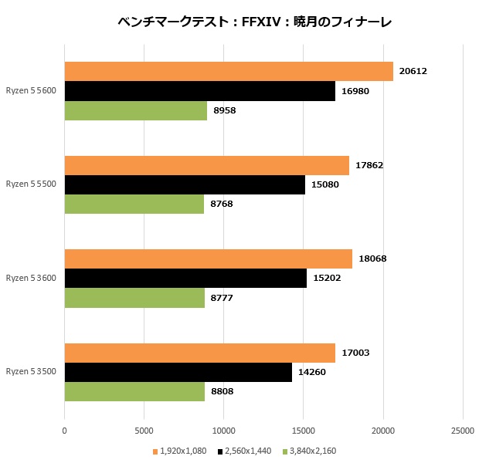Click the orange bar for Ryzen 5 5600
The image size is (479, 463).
(229, 71)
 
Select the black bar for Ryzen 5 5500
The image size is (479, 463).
(185, 184)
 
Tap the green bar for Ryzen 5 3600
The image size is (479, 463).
(134, 298)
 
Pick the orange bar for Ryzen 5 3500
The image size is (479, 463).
(199, 353)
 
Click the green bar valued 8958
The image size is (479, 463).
(136, 111)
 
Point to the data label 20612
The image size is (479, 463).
(413, 71)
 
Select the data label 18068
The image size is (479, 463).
(372, 259)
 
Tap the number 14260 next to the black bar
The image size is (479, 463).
(312, 372)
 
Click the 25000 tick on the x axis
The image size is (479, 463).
(462, 430)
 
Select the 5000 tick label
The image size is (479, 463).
(144, 430)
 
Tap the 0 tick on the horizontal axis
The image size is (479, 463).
(64, 430)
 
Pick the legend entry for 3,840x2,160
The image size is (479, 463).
(312, 451)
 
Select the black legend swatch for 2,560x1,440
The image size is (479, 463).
(220, 451)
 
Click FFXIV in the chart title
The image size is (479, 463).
(260, 22)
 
